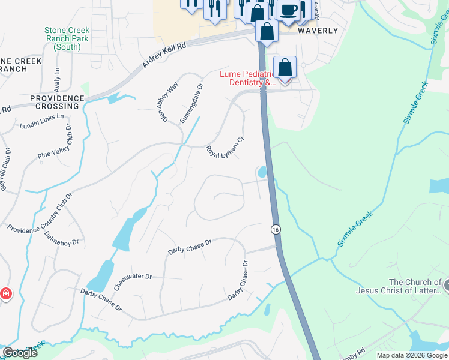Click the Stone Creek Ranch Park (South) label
click(x=66, y=38)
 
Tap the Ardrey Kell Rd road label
click(x=164, y=55)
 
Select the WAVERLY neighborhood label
click(x=318, y=30)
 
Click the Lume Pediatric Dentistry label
click(x=247, y=78)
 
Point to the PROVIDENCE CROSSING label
click(x=57, y=102)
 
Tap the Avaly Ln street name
click(x=58, y=76)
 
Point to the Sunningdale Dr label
click(x=192, y=103)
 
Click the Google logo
click(x=20, y=352)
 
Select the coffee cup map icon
click(x=288, y=11)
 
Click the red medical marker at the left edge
click(x=5, y=294)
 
